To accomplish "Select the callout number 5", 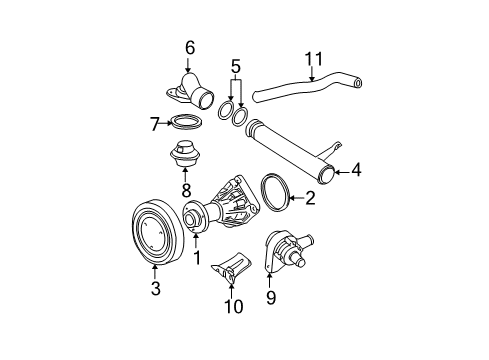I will (236, 68).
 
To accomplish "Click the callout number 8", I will (184, 187).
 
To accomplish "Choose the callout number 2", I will (310, 200).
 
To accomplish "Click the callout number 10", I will (233, 306).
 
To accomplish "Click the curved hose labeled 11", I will (300, 90).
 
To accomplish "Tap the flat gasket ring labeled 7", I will (185, 123).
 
